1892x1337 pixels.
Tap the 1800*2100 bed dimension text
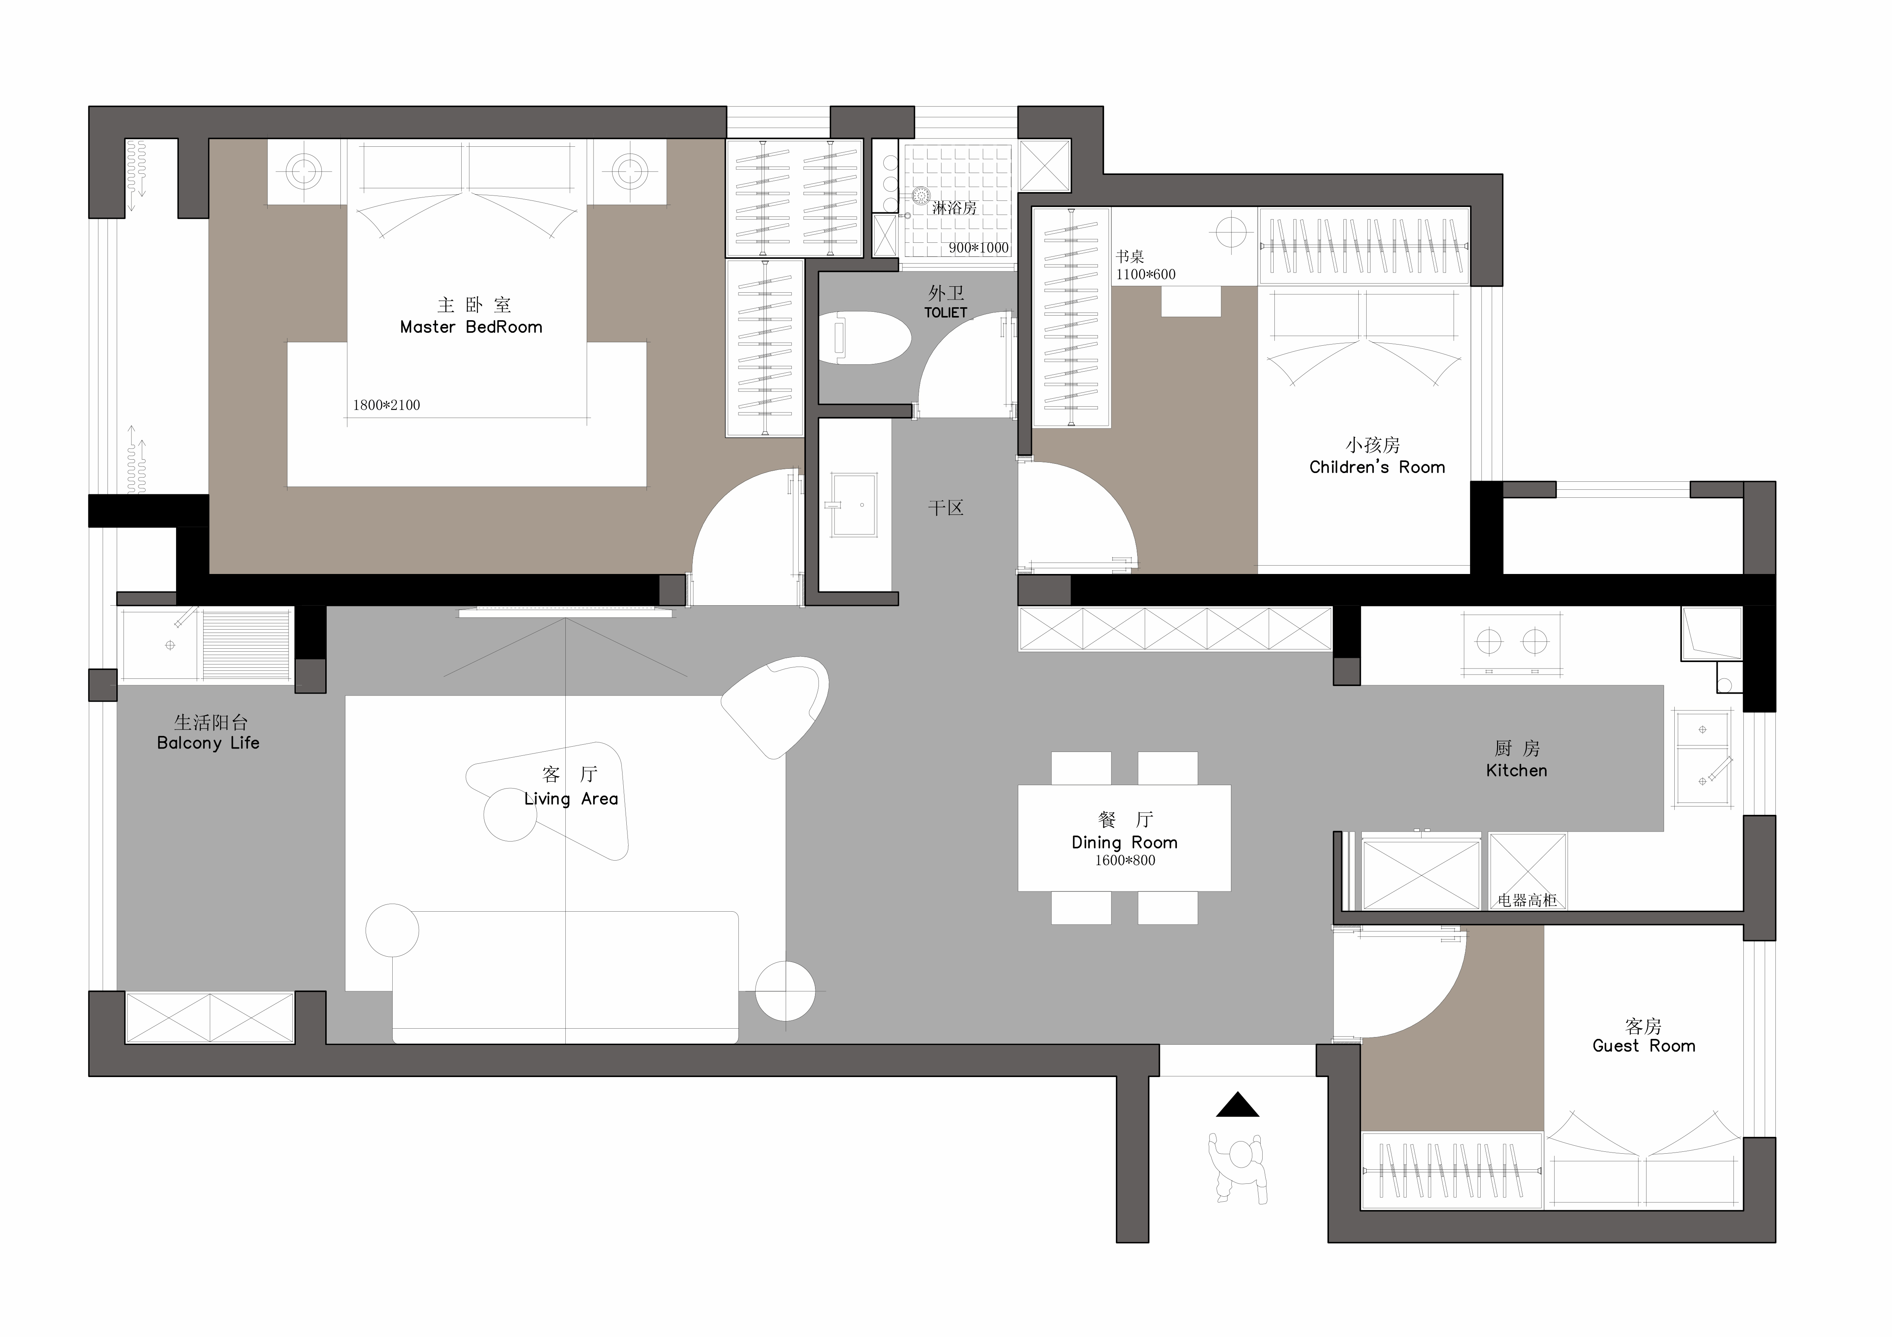[x=387, y=405]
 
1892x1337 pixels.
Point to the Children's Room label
[x=1377, y=467]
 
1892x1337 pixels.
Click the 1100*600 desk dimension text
[x=1146, y=274]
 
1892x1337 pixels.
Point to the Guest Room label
[x=1644, y=1046]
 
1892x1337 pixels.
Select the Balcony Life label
[x=209, y=743]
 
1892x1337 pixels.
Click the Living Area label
[x=571, y=799]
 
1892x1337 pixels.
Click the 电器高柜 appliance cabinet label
[x=1527, y=900]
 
